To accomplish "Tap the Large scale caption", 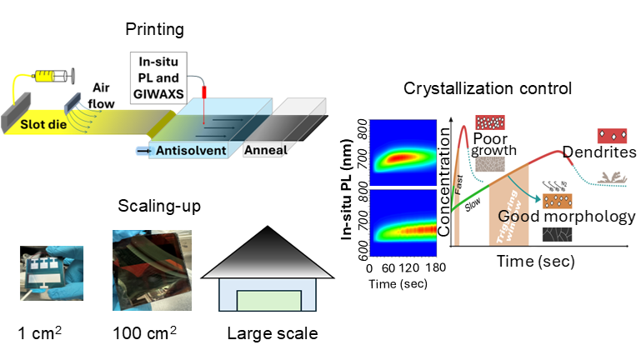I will tap(272, 334).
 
